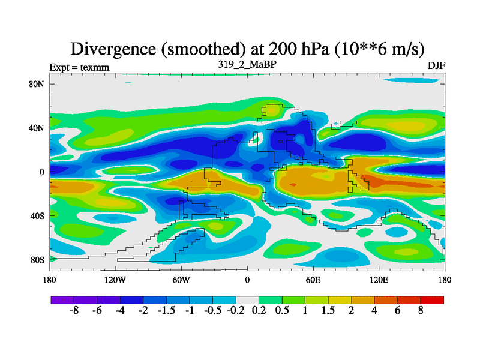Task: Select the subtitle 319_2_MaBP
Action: [247, 64]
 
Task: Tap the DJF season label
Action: [436, 65]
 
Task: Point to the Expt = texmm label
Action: [79, 67]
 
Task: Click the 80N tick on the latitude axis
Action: [37, 84]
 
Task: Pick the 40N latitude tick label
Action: [37, 128]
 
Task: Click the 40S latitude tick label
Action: [37, 215]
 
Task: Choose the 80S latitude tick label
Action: [37, 260]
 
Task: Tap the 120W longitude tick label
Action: [115, 280]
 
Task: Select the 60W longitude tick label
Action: [181, 280]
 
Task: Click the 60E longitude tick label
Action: [313, 280]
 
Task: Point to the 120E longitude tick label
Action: [379, 280]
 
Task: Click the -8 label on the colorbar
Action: [74, 312]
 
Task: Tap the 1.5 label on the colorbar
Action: [328, 312]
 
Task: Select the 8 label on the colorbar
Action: [421, 312]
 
